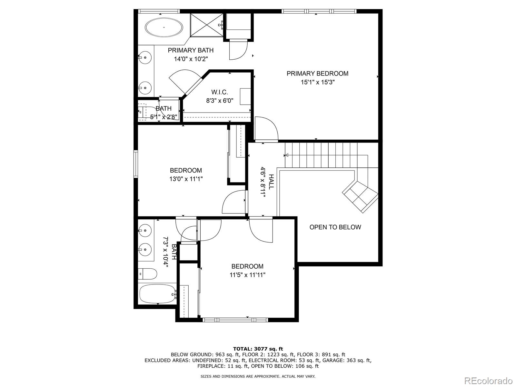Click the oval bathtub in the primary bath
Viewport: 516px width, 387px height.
(x=164, y=28)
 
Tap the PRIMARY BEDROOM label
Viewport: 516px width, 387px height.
(x=317, y=74)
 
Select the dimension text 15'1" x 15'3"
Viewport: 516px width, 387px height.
(x=317, y=82)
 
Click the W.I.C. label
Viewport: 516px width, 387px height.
(x=220, y=92)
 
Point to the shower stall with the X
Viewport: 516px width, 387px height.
(x=206, y=25)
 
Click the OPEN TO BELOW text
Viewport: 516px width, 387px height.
(x=335, y=227)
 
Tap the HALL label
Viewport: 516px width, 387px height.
(x=271, y=182)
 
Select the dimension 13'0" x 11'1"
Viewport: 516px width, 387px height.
(x=186, y=179)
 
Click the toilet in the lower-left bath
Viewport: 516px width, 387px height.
(x=147, y=274)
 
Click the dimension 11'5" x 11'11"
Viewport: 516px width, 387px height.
(x=247, y=275)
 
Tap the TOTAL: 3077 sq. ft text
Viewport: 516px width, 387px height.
(x=258, y=349)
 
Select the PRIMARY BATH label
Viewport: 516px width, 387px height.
(x=191, y=50)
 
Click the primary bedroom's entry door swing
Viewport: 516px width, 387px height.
(x=266, y=129)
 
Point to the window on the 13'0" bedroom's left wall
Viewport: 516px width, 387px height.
(x=136, y=164)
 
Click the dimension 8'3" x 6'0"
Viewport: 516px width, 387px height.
(x=220, y=101)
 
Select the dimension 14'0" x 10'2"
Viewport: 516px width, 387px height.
(x=191, y=59)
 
